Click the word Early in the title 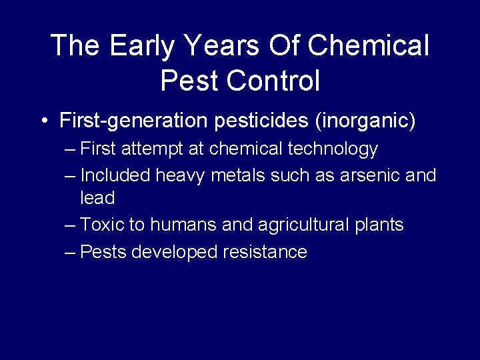[x=137, y=46]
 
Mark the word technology [x=333, y=149]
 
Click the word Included [x=115, y=175]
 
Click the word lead [x=97, y=198]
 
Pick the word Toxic [x=102, y=225]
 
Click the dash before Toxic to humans [x=70, y=225]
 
